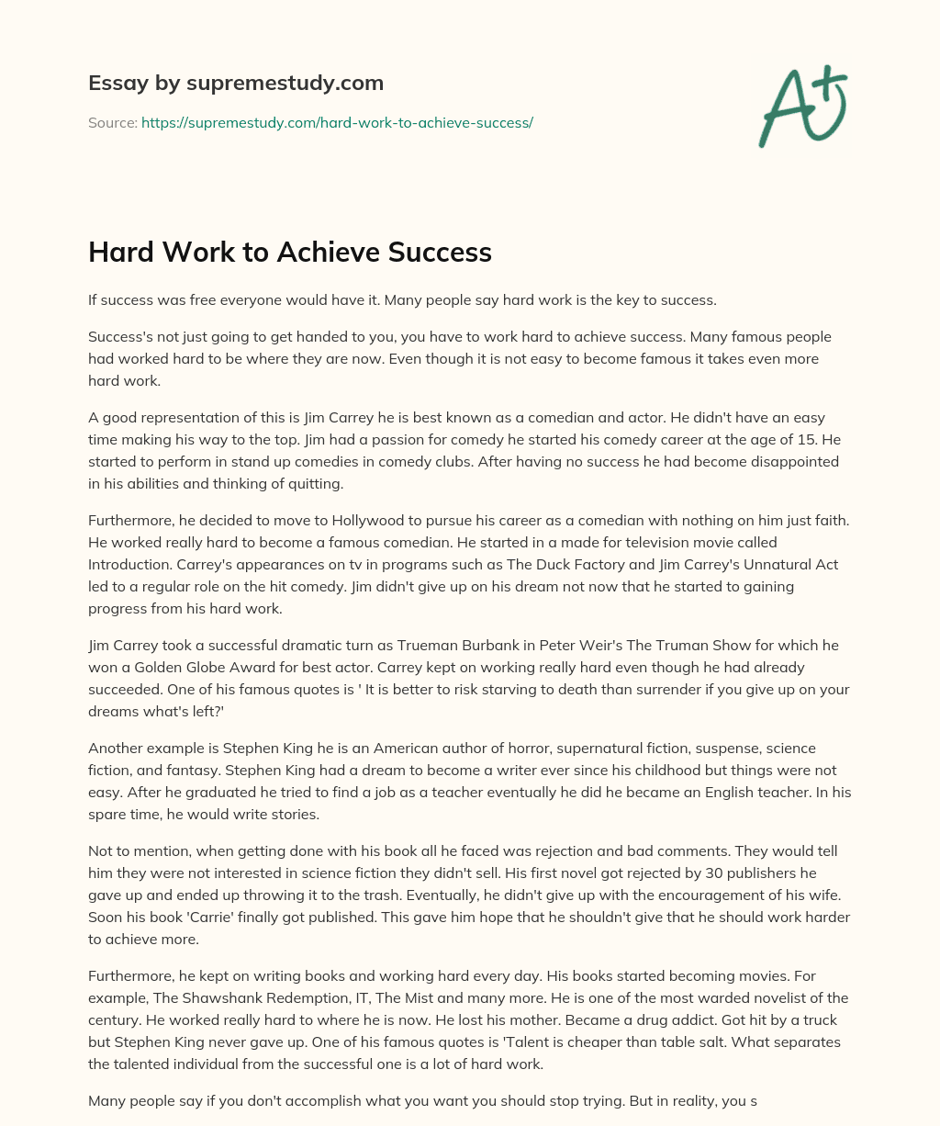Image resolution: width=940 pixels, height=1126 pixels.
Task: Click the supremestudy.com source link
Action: (337, 122)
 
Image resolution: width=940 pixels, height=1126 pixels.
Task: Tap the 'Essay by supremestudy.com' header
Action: (236, 84)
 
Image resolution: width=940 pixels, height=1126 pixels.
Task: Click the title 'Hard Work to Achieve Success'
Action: (290, 253)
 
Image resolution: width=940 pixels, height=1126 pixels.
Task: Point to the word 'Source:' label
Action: (113, 122)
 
